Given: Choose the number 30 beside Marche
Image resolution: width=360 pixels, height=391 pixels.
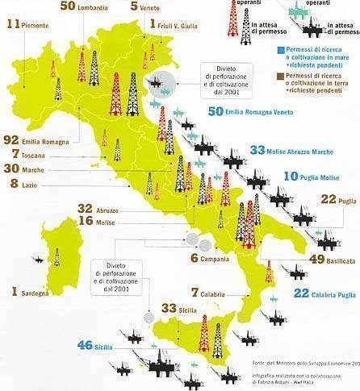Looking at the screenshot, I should point(14,168).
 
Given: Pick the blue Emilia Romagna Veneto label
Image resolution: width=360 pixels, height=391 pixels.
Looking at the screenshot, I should point(260,112).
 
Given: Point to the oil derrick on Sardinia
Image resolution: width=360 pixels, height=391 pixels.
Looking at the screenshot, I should point(56,257).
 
